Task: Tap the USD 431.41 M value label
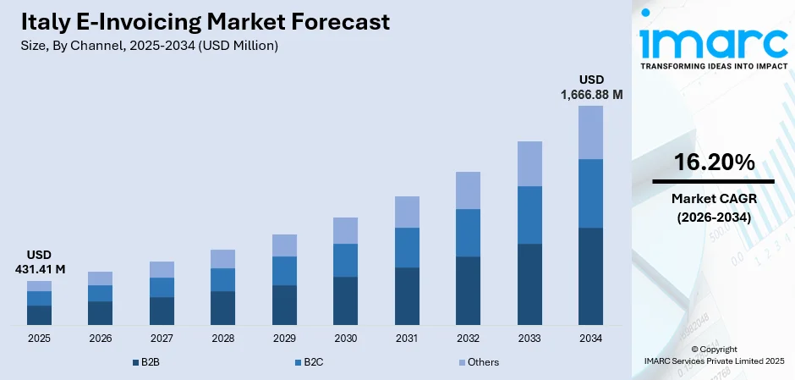(39, 262)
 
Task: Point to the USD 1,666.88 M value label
(591, 87)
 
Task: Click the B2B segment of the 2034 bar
(590, 276)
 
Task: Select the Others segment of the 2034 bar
(590, 132)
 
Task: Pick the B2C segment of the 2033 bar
(529, 215)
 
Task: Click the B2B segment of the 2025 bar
(39, 315)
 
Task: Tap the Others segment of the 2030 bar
(345, 230)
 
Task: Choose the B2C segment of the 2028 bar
(222, 279)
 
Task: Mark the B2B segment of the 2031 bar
(407, 296)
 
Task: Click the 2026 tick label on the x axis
(100, 339)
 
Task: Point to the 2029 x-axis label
(284, 339)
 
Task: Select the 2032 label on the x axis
(468, 339)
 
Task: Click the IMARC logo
(713, 42)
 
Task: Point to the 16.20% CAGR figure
(713, 162)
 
